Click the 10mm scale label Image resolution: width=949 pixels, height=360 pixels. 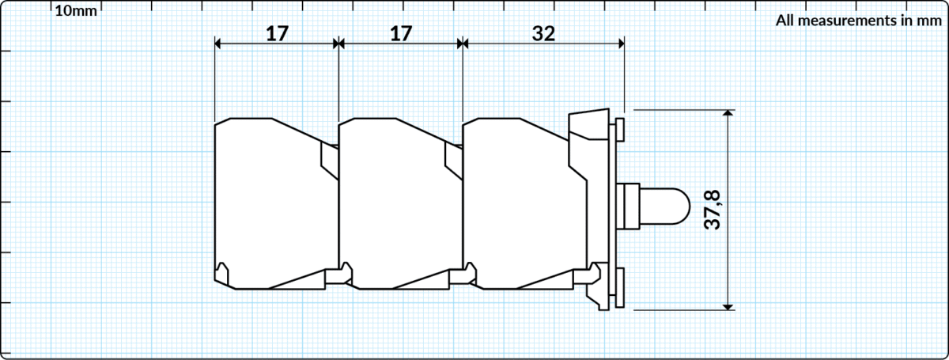pyautogui.click(x=77, y=10)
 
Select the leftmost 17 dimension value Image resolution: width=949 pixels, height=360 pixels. pyautogui.click(x=277, y=33)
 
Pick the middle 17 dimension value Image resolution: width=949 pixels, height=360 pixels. pyautogui.click(x=400, y=33)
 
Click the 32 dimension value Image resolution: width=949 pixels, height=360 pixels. pyautogui.click(x=543, y=33)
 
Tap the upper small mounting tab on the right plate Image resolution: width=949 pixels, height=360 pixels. pyautogui.click(x=620, y=128)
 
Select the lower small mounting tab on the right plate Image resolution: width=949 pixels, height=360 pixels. pyautogui.click(x=620, y=287)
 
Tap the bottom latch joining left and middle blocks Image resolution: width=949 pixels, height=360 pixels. pyautogui.click(x=340, y=274)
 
